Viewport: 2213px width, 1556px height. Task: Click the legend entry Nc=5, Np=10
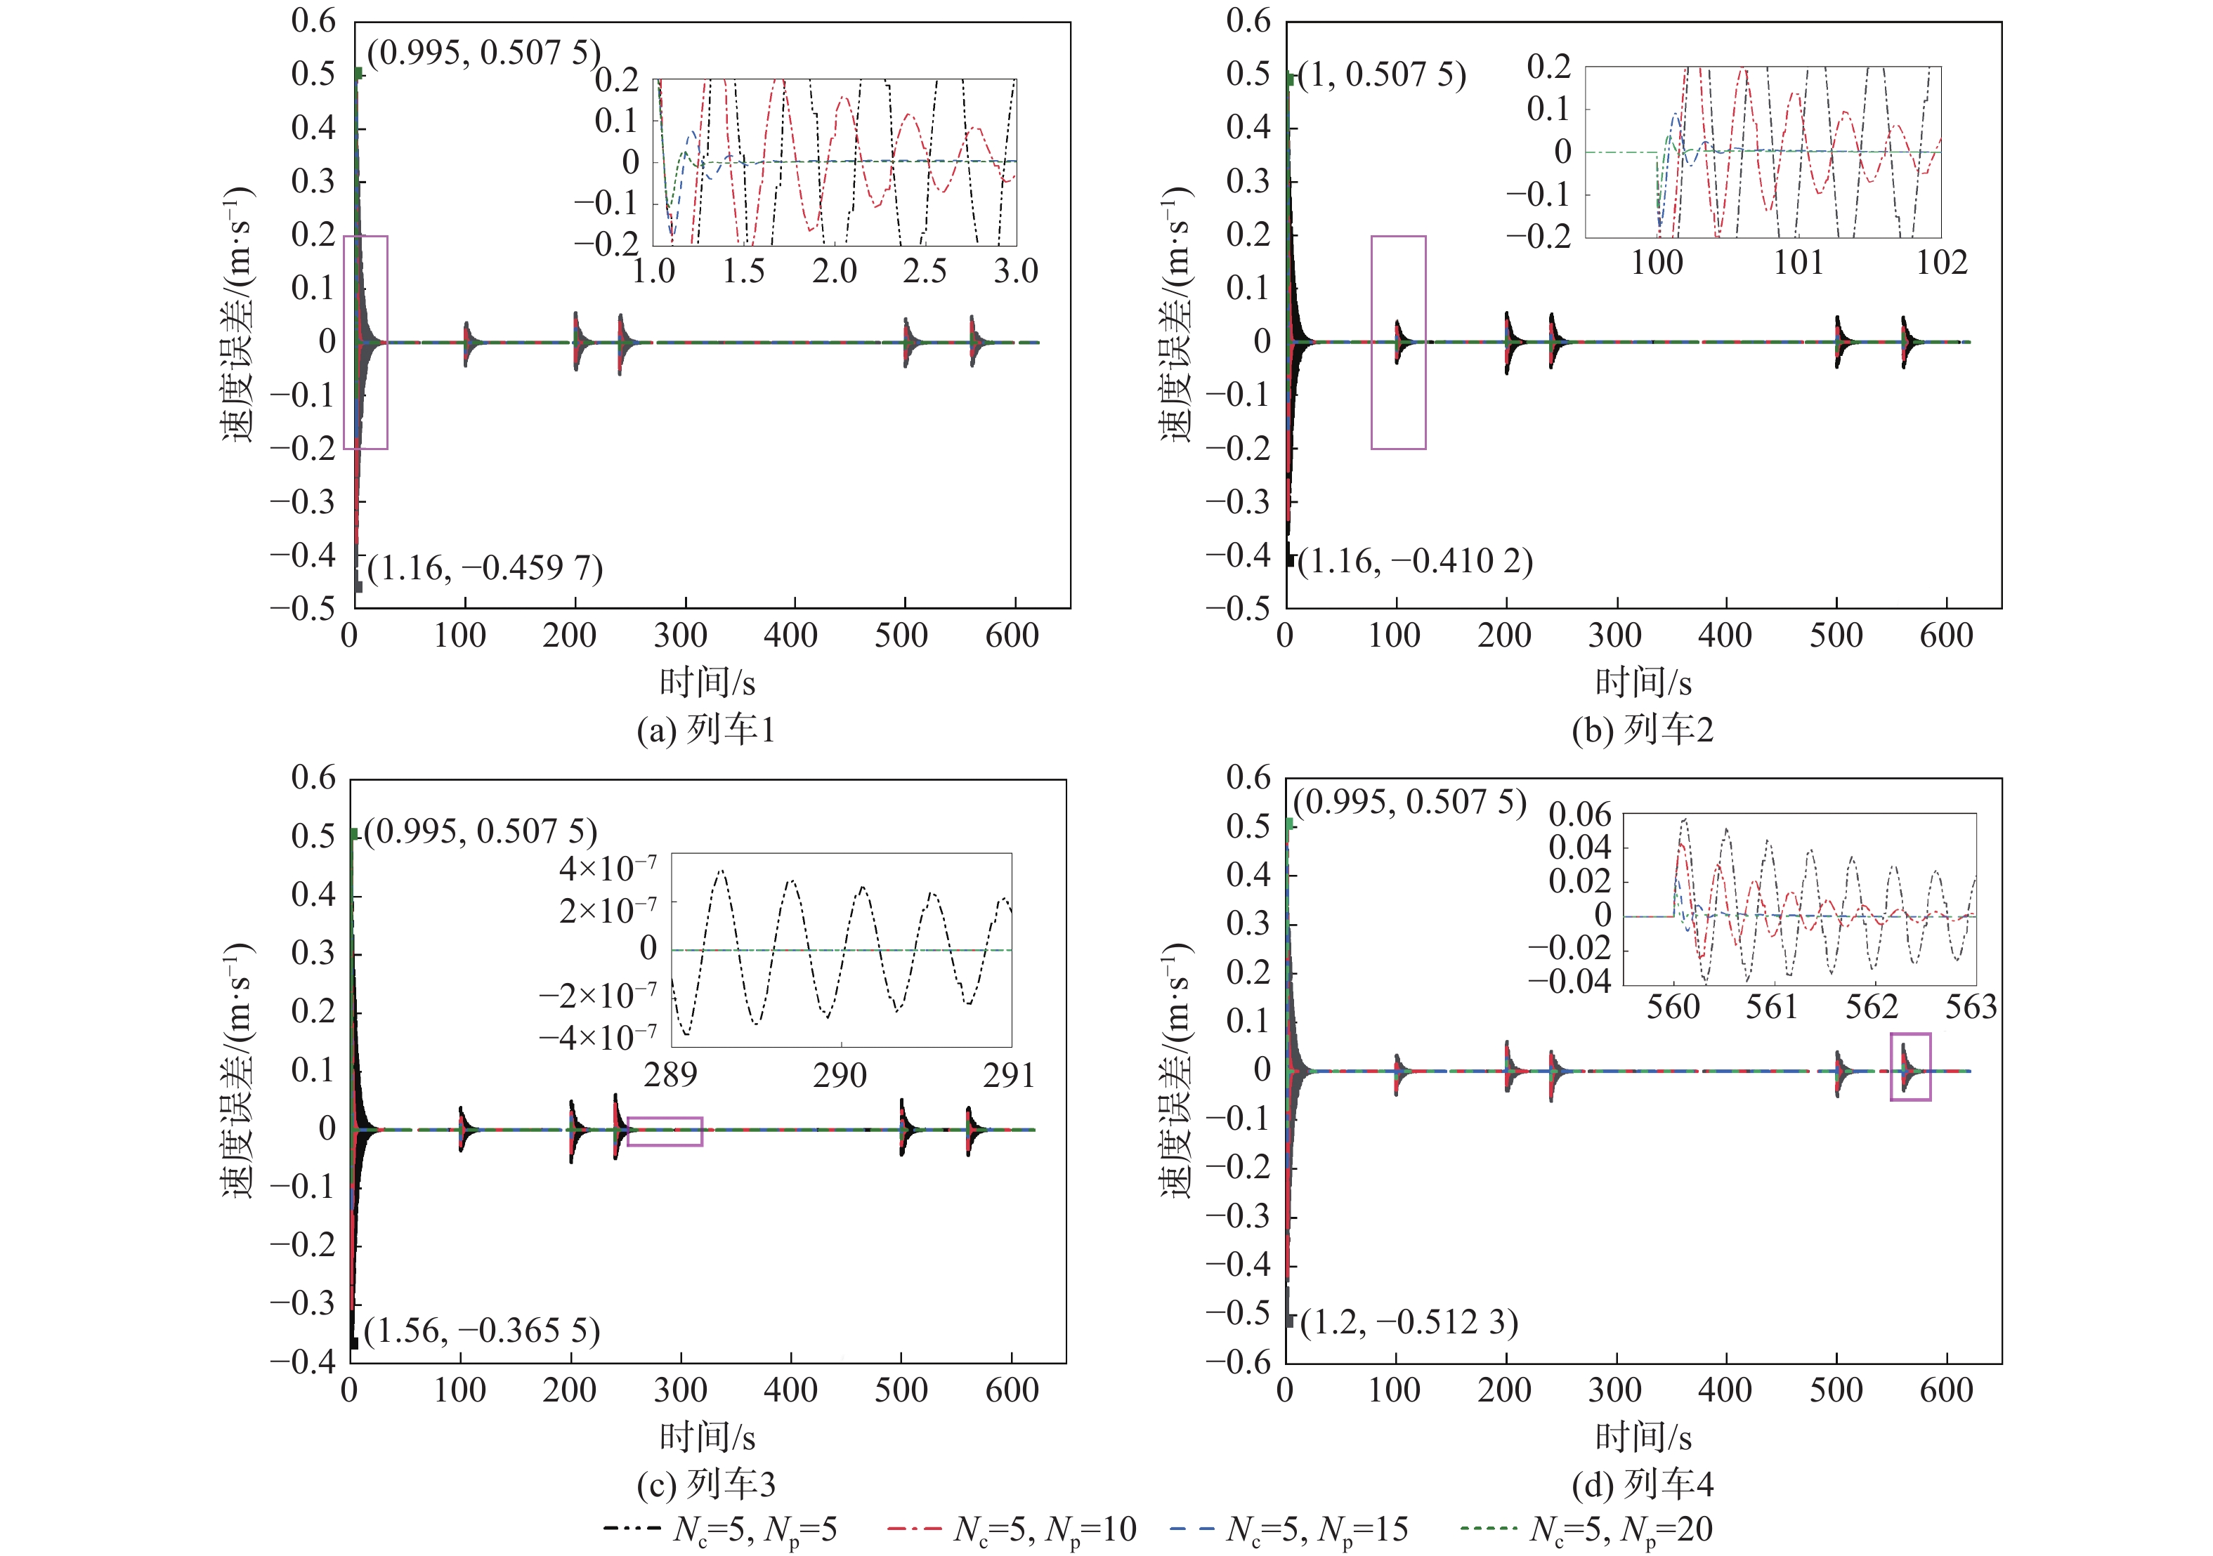tap(1012, 1529)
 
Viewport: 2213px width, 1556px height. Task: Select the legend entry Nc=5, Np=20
tap(1586, 1529)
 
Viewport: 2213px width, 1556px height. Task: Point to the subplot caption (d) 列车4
tap(1643, 1484)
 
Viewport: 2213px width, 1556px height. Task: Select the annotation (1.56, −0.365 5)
tap(482, 1331)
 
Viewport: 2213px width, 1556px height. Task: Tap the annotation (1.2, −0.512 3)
tap(1409, 1322)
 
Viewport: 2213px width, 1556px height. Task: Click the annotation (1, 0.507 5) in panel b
tap(1381, 74)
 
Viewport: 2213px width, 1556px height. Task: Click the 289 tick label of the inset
tap(670, 1074)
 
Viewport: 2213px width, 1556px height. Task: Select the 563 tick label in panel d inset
tap(1970, 1008)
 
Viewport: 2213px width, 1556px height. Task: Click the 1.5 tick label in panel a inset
tap(743, 272)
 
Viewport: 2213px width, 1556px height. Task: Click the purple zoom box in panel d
tap(1910, 1067)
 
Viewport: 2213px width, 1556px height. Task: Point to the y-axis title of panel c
tap(238, 1069)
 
